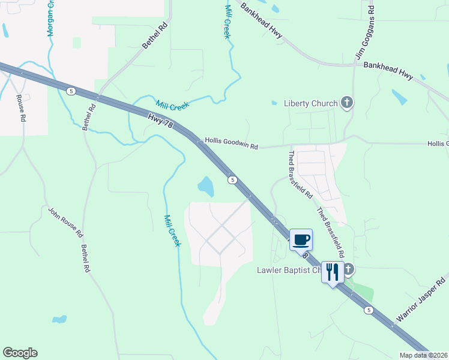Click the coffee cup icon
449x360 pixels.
coord(301,240)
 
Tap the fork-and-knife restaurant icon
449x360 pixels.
coord(332,272)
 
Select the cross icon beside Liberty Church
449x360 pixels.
coord(346,103)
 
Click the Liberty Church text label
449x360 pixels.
coord(310,103)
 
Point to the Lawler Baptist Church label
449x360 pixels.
coord(290,270)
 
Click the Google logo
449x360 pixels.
coord(20,353)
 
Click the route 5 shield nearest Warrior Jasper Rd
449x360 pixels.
coord(369,310)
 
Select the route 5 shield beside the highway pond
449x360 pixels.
coord(232,179)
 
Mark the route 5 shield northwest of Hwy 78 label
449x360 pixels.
coord(71,91)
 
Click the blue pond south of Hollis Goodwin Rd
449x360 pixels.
coord(205,186)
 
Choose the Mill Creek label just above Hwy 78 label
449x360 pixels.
coord(172,105)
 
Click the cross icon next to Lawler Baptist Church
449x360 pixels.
coord(348,269)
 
